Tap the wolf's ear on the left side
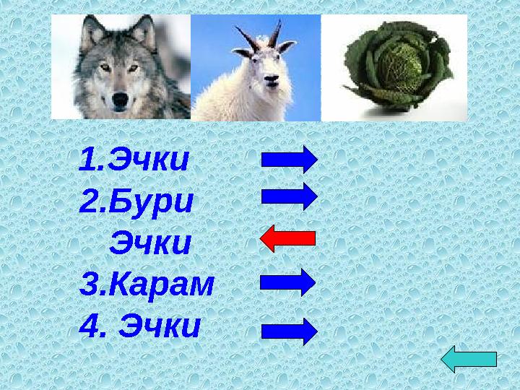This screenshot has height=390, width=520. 92,33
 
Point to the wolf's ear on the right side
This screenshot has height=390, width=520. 144,33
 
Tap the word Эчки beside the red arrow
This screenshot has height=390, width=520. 150,243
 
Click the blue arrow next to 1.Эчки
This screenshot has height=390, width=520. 289,159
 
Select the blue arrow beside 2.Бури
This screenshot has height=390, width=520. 289,196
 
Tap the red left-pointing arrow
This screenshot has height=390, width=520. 287,238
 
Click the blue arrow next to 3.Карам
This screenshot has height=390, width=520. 287,282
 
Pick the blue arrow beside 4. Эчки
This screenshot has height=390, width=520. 289,331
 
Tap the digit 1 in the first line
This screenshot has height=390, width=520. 88,160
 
